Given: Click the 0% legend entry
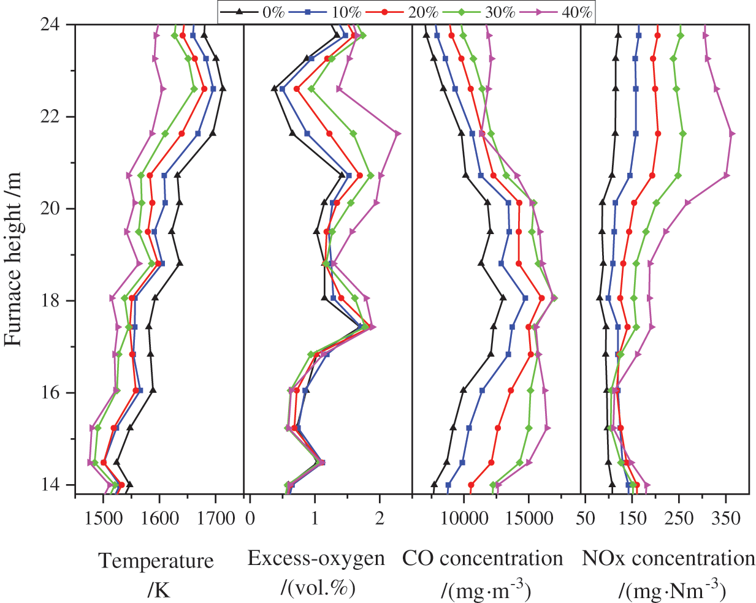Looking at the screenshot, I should [254, 11].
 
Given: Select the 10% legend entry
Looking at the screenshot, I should [330, 11].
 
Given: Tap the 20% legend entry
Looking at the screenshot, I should [408, 11].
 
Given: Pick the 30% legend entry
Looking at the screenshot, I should [484, 11].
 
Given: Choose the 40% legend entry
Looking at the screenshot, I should [562, 11].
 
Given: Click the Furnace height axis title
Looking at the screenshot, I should [13, 257].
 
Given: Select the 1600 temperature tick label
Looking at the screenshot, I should [159, 518].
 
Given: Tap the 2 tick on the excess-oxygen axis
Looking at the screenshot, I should [380, 518].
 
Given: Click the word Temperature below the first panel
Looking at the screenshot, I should [157, 561].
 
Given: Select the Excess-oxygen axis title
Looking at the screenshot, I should [316, 559].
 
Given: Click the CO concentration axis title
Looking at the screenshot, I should [483, 559].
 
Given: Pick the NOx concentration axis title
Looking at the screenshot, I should [668, 559].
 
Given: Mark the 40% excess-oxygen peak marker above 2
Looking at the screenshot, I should [398, 134].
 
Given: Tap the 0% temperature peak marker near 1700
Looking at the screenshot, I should [223, 89].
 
